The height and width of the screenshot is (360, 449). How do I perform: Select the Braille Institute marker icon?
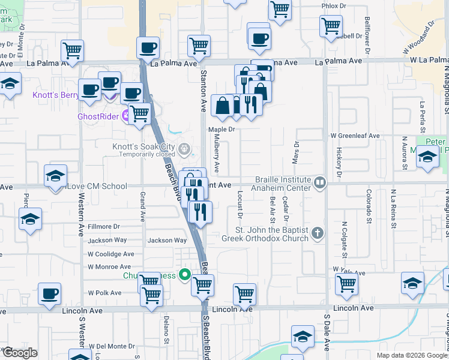click(x=320, y=182)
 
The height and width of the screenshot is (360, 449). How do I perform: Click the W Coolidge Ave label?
click(x=110, y=254)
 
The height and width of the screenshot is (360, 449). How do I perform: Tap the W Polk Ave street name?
click(x=104, y=293)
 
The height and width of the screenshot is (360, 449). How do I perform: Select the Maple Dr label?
click(x=220, y=129)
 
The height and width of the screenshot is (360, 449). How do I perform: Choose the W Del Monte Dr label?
click(x=112, y=346)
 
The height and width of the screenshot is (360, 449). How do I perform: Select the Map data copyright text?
click(x=411, y=355)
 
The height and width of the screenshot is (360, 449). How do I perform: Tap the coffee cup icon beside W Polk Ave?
click(x=49, y=294)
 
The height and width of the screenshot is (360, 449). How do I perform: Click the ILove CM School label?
click(x=97, y=186)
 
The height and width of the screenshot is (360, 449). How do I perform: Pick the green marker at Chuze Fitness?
click(x=185, y=275)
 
